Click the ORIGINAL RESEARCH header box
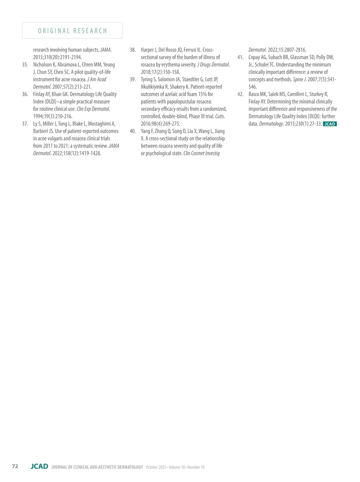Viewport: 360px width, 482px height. (72, 31)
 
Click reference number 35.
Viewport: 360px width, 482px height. (25, 65)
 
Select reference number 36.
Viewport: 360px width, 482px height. (25, 94)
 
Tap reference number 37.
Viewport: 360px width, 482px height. (25, 124)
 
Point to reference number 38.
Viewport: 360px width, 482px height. (133, 50)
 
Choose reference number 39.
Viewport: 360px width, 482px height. (133, 80)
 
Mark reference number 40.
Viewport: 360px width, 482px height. (133, 131)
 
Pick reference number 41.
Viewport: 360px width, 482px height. (240, 57)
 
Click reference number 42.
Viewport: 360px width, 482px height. (240, 94)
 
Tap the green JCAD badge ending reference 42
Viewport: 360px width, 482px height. (330, 124)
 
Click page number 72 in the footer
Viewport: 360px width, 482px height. (15, 466)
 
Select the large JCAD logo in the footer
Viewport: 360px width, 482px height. (39, 466)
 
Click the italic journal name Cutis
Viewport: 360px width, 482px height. (220, 116)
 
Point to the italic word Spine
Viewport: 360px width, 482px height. (298, 80)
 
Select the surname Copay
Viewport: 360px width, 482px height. (254, 57)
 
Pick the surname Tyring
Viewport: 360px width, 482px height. (146, 80)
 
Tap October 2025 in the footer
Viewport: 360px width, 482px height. (156, 467)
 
